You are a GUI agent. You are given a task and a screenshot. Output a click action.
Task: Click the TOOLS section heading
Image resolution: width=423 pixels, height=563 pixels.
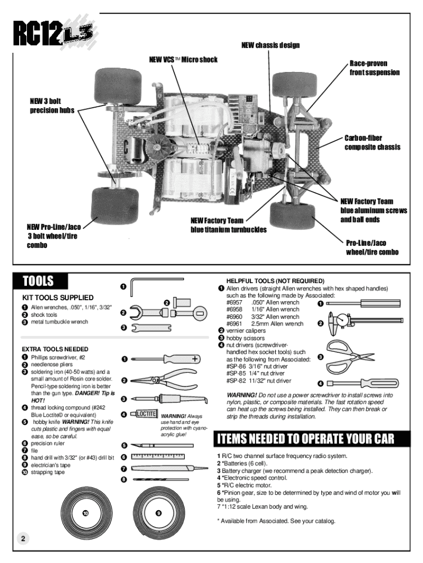coord(38,282)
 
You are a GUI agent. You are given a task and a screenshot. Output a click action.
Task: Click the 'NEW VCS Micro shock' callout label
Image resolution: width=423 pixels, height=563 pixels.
coord(183,59)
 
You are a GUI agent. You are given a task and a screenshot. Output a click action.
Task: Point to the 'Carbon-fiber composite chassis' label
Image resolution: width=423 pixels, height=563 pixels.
coord(372,142)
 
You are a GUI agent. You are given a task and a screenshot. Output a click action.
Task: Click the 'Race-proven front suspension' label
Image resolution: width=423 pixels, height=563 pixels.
coord(375,68)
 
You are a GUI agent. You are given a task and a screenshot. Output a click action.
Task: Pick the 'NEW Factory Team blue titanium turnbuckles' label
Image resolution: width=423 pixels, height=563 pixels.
coord(228,225)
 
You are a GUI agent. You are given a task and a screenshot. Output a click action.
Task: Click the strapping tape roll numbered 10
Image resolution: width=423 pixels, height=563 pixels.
coord(85,514)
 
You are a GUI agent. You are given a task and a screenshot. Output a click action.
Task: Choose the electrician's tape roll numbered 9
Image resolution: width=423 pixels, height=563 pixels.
coord(158,514)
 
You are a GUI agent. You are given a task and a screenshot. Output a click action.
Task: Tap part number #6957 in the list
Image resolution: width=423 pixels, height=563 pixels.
coord(234,302)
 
